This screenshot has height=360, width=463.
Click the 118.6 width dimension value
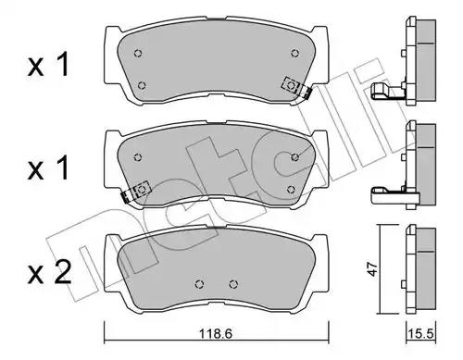215,334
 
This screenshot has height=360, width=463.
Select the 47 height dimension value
373,269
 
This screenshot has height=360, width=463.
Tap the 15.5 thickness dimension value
421,334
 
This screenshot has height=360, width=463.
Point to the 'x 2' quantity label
49,273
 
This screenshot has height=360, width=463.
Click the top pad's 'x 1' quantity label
48,65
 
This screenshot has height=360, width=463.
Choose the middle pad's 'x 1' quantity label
48,168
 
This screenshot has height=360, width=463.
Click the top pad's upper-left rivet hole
138,54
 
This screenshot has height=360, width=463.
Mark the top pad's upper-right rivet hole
295,53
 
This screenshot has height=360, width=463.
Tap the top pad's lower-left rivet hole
142,85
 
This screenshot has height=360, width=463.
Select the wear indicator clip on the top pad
295,88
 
